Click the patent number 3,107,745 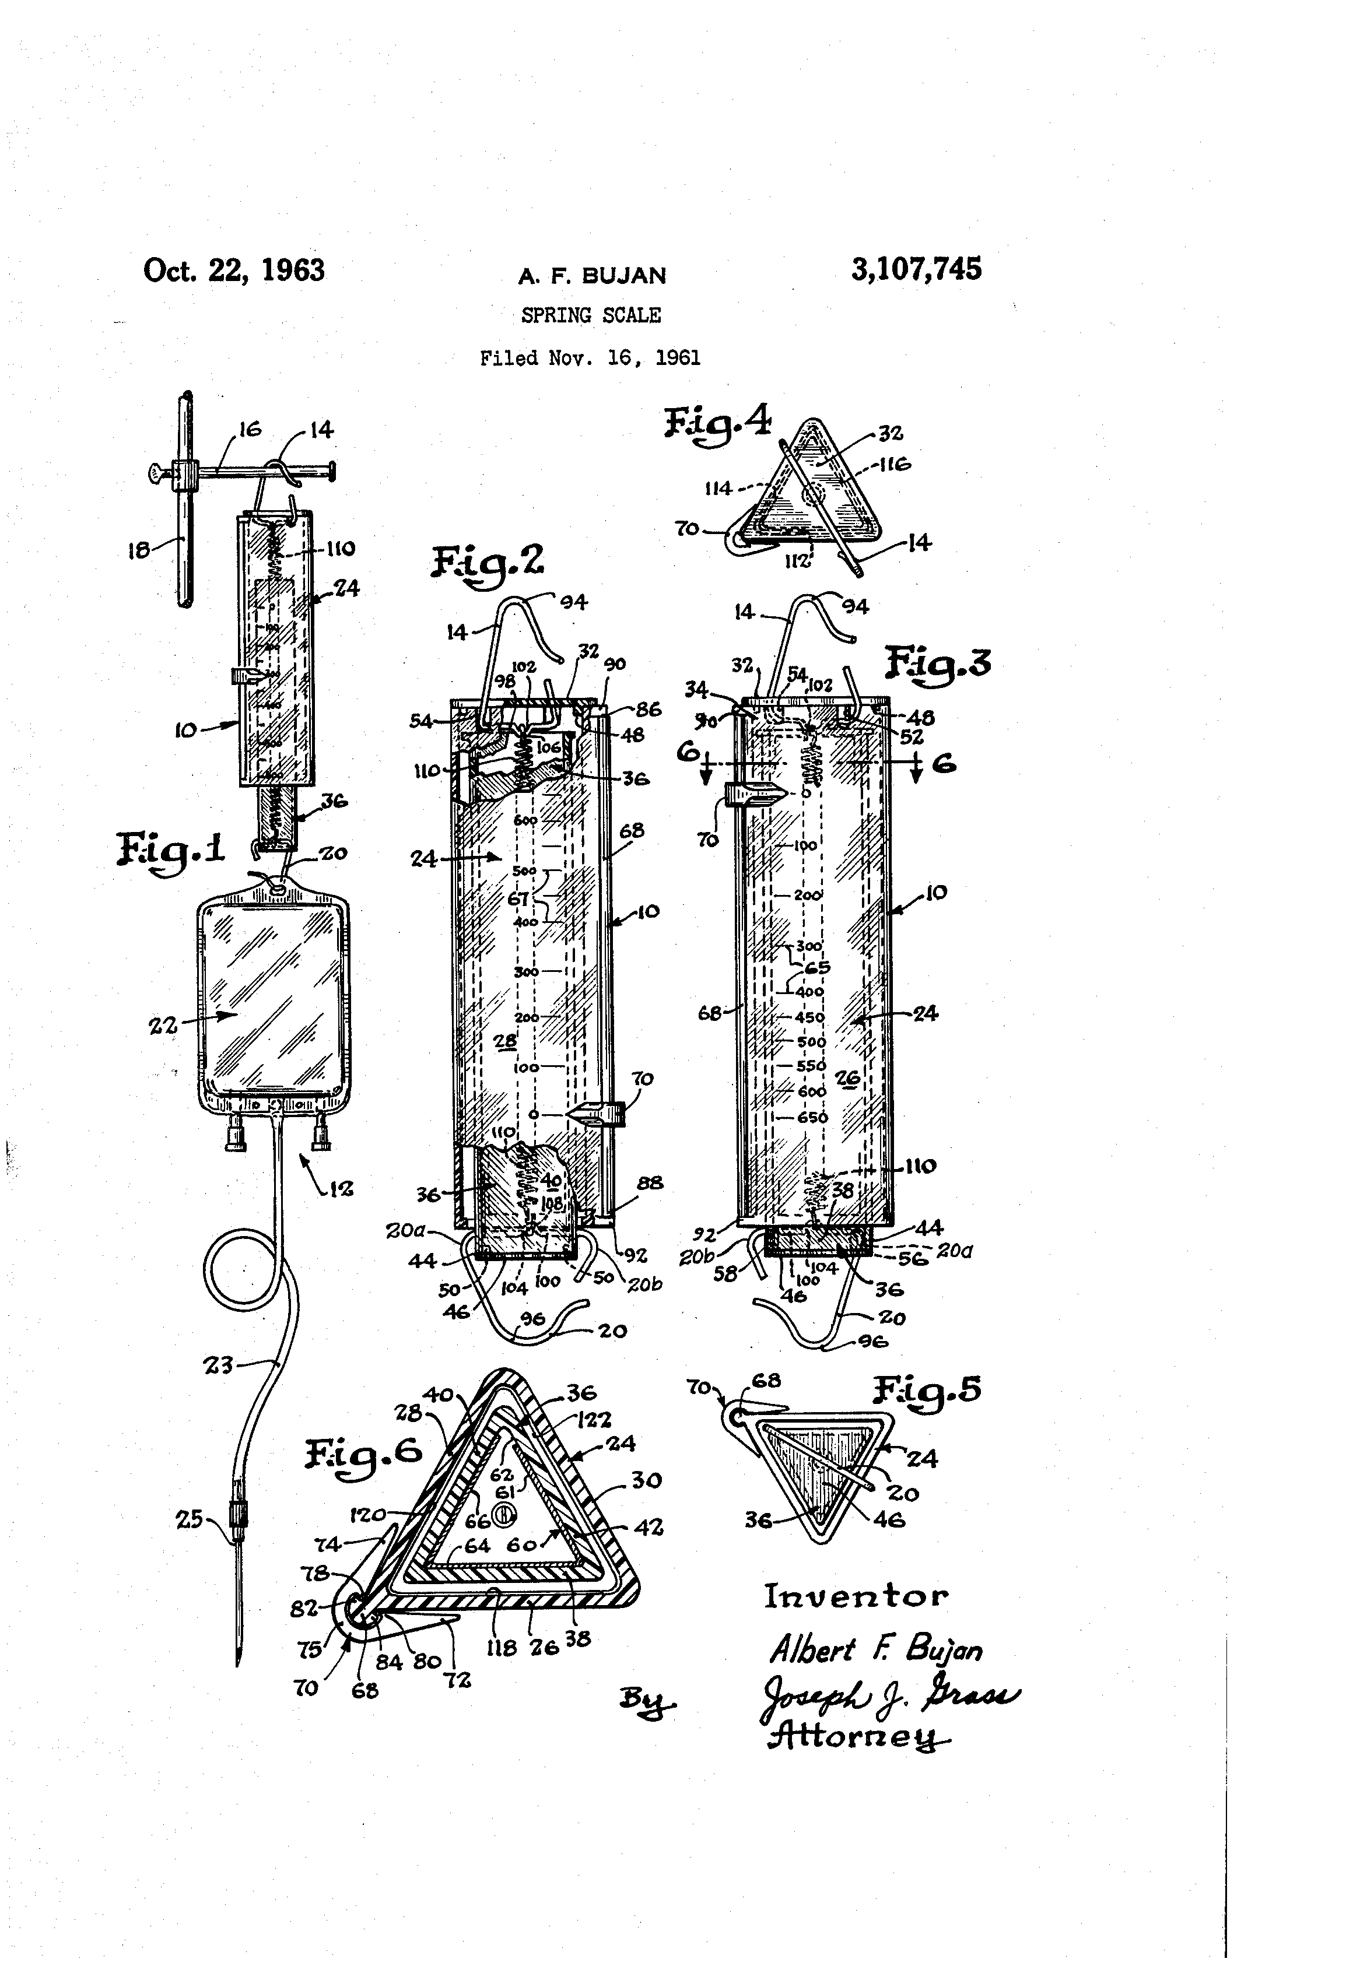click(916, 270)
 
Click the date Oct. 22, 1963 click(233, 271)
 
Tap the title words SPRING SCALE click(591, 315)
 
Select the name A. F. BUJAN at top click(592, 275)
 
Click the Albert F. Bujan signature click(876, 1649)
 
